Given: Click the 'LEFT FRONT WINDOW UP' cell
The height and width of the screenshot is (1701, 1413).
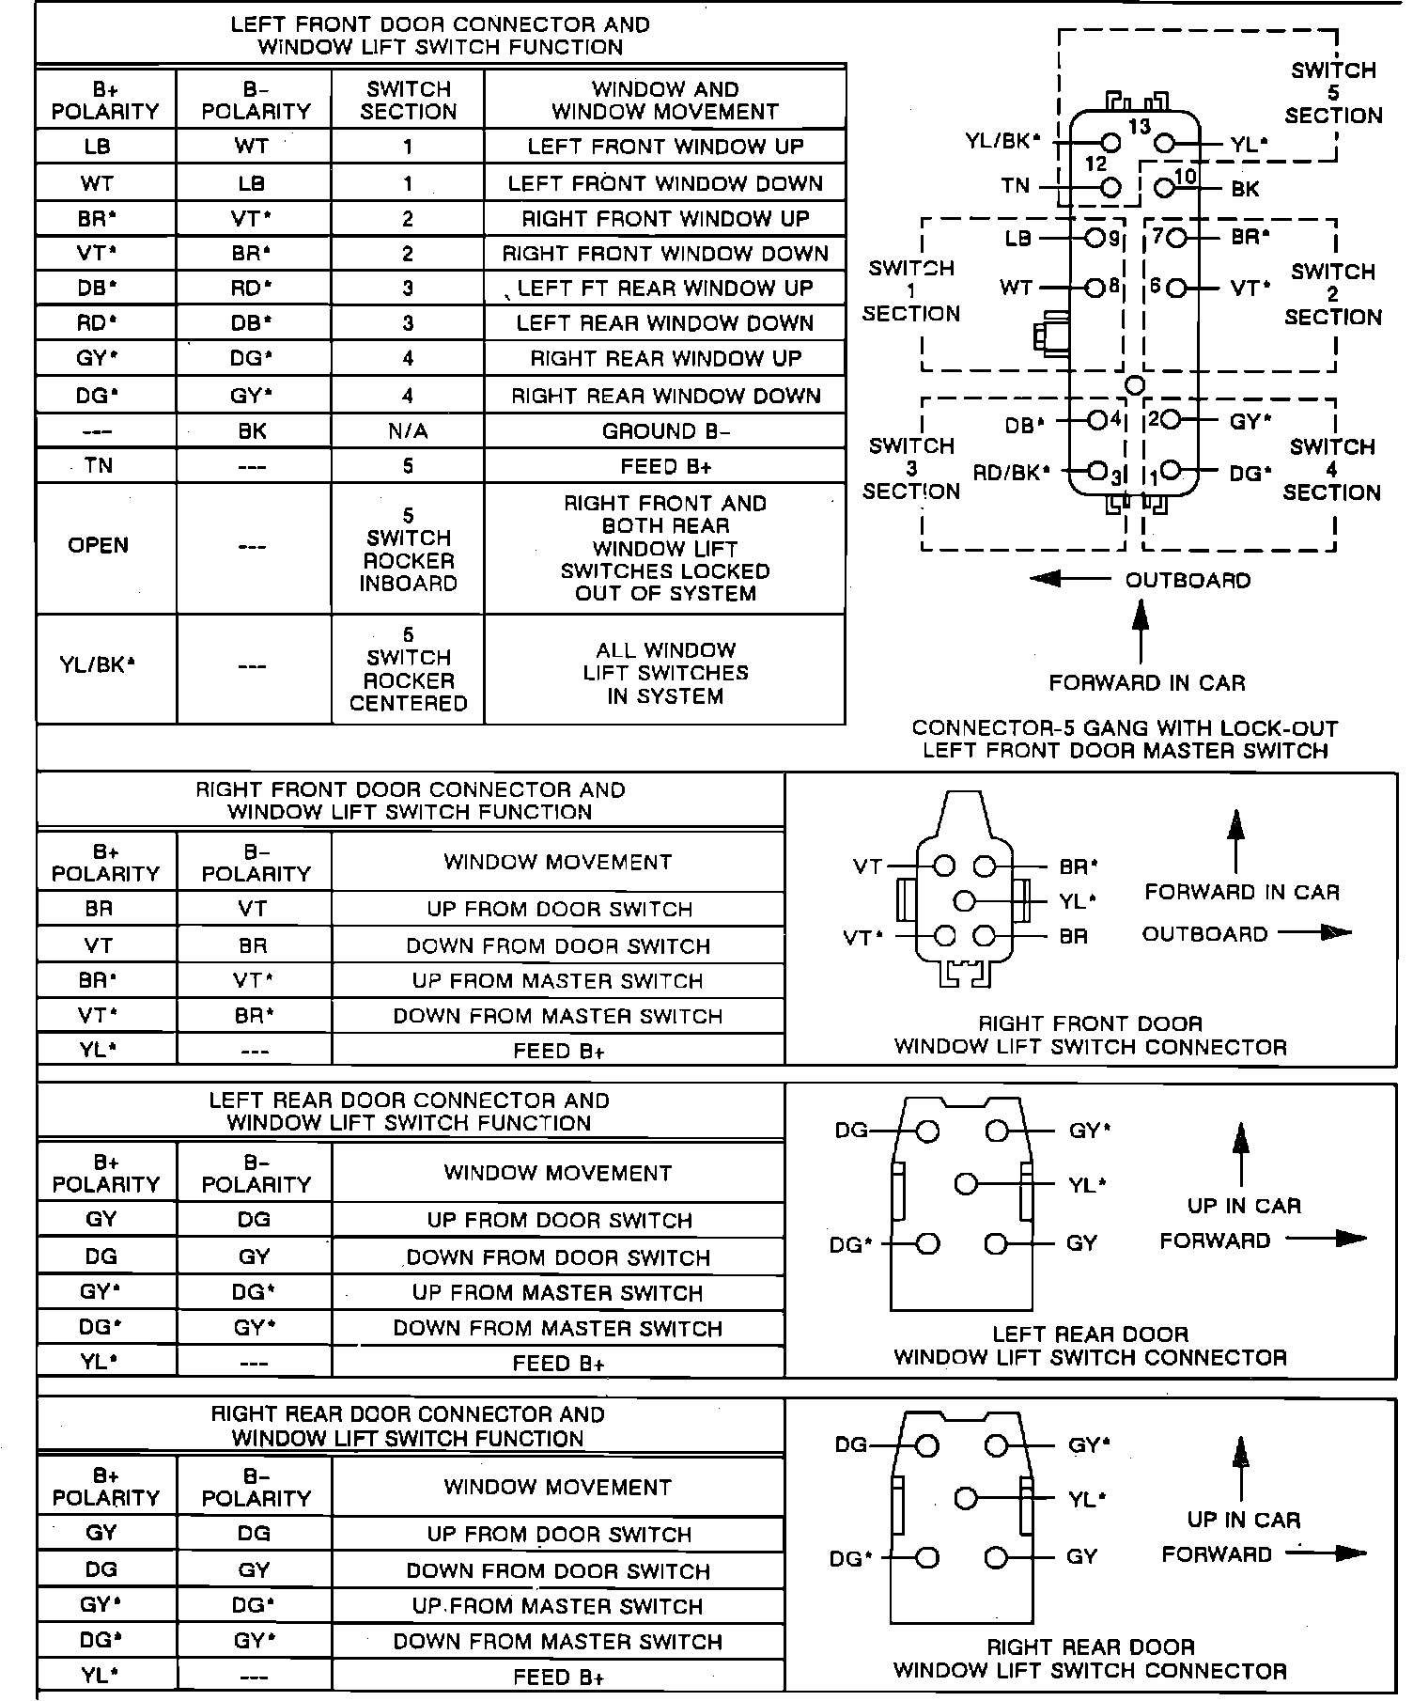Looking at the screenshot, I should pyautogui.click(x=665, y=147).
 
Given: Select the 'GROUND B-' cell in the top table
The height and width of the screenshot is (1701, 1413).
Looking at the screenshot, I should pyautogui.click(x=665, y=431).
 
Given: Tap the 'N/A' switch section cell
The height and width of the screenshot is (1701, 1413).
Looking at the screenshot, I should pyautogui.click(x=408, y=431).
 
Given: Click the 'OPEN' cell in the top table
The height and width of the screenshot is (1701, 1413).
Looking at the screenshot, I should pyautogui.click(x=99, y=545).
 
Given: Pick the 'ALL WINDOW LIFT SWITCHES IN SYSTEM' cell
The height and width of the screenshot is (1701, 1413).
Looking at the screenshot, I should pyautogui.click(x=665, y=673).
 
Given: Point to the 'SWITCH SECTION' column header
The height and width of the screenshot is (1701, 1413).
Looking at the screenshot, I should pyautogui.click(x=408, y=101).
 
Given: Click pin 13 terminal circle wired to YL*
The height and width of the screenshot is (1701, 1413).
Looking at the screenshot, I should pyautogui.click(x=1165, y=143).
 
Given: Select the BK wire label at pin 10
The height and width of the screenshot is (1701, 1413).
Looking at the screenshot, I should pyautogui.click(x=1245, y=189).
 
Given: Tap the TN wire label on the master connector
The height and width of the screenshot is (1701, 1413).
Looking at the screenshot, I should pyautogui.click(x=1016, y=186).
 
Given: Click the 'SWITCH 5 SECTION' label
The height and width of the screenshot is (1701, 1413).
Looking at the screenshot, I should pyautogui.click(x=1333, y=93).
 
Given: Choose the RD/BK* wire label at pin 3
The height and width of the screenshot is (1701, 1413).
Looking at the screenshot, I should pyautogui.click(x=1011, y=472).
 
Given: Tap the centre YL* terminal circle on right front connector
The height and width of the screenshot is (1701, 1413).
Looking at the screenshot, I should pyautogui.click(x=964, y=901).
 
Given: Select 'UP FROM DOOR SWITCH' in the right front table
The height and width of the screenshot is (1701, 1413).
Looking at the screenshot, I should pyautogui.click(x=559, y=910).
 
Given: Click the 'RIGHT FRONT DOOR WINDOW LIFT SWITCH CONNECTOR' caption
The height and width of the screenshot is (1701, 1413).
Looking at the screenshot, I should pyautogui.click(x=1090, y=1036).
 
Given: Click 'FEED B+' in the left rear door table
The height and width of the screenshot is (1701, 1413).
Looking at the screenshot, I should pyautogui.click(x=559, y=1363).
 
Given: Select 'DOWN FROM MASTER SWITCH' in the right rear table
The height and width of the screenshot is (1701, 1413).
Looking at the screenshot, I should pyautogui.click(x=559, y=1642).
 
